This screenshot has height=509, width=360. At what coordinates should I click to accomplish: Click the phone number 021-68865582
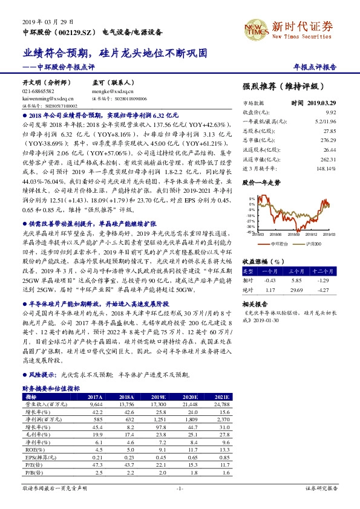[39, 90]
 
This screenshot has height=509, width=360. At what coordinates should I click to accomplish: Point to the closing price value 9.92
[330, 112]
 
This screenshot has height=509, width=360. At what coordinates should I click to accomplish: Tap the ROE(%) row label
[36, 450]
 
